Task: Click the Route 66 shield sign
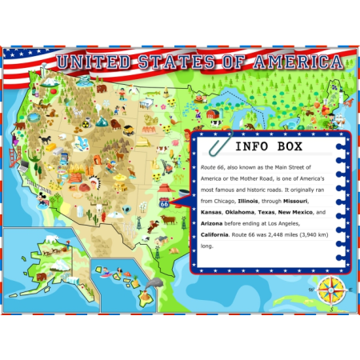pos(164,203)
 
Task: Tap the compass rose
pos(332,290)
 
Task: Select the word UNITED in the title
pos(91,63)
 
